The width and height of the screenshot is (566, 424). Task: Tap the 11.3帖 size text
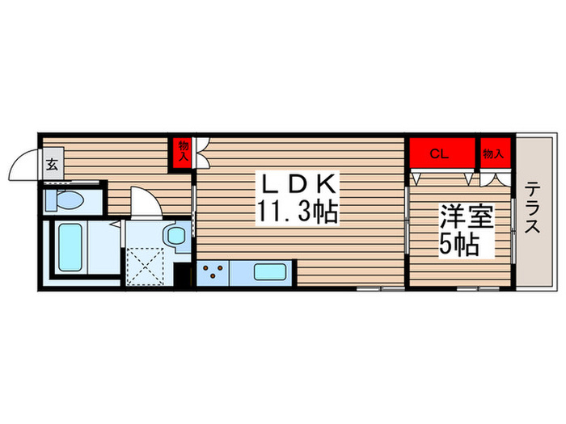(x=297, y=212)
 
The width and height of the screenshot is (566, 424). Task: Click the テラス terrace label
(x=534, y=208)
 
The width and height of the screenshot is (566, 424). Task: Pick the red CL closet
(x=441, y=153)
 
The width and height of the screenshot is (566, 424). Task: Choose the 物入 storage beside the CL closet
(x=493, y=153)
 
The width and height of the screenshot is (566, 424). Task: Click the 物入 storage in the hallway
(x=183, y=152)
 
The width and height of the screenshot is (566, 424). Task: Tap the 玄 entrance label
(x=51, y=165)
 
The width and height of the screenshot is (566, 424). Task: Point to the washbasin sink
(x=175, y=236)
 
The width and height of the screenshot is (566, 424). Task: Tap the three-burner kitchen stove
(x=213, y=273)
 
